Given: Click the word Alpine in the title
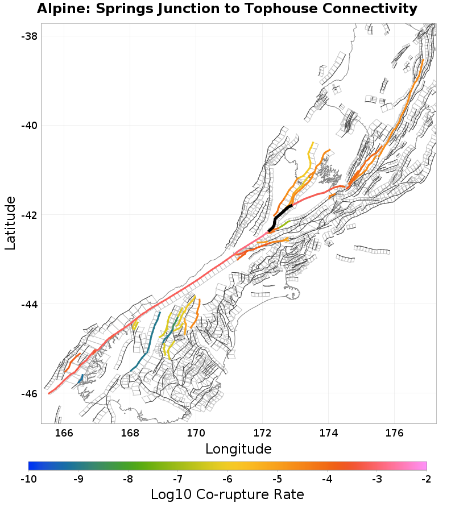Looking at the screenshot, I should (60, 9).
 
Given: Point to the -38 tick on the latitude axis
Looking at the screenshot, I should (29, 36).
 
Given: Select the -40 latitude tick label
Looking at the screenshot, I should (29, 126).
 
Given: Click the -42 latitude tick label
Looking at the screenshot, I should (29, 215).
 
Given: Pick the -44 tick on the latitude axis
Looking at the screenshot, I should (29, 304).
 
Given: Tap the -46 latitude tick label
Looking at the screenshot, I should (29, 394).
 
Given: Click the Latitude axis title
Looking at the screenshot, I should (10, 223).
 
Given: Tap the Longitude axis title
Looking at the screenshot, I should (238, 449).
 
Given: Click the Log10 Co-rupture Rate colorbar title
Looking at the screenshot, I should (227, 494).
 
